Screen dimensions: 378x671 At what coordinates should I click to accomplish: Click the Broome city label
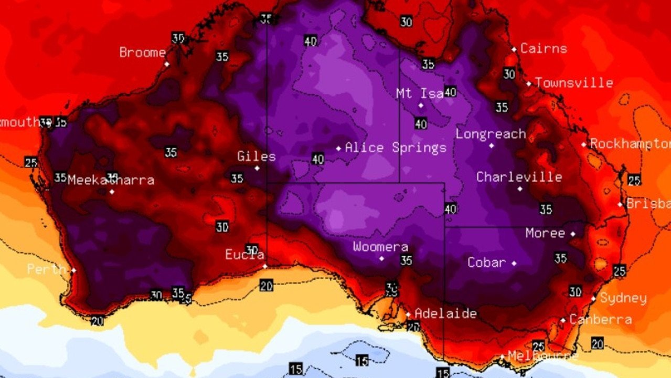click(x=142, y=52)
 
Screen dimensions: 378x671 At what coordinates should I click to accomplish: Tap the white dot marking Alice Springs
click(x=338, y=149)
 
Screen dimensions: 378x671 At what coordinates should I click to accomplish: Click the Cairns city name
click(x=544, y=49)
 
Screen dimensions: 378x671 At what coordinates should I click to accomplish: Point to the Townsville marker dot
click(x=529, y=83)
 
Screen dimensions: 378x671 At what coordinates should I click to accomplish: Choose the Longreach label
click(x=491, y=134)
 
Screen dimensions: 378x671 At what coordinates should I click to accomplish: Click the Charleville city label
click(x=519, y=177)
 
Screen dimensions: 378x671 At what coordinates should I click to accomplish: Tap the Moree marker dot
click(x=573, y=234)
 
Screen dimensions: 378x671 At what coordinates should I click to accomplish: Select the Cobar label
click(x=487, y=262)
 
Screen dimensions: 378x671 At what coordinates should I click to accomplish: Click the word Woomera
click(x=380, y=247)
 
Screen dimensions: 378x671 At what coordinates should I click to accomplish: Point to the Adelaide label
click(x=445, y=313)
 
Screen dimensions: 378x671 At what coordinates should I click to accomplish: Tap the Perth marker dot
click(x=73, y=270)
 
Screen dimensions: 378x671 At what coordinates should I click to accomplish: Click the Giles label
click(x=257, y=156)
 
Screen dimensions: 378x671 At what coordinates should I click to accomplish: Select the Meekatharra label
click(x=111, y=180)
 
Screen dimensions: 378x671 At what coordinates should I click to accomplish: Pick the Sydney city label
click(x=623, y=298)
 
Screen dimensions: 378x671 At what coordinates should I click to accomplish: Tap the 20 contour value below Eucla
click(x=266, y=285)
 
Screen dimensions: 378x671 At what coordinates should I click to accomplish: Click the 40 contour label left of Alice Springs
click(x=317, y=159)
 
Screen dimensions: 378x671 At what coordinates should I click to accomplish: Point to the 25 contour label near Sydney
click(x=620, y=271)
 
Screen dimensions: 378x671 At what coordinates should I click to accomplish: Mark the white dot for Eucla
click(x=265, y=266)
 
